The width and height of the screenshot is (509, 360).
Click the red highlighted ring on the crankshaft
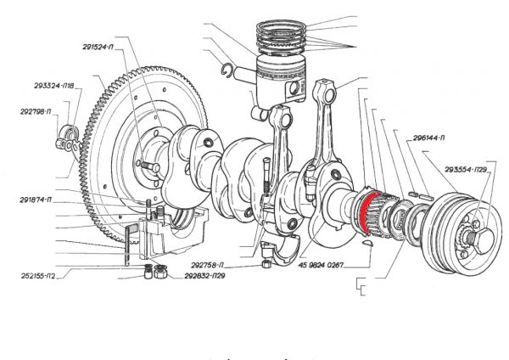point(364,211)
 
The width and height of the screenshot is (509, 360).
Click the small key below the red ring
point(367,243)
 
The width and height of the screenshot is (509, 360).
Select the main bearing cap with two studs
point(174,237)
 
